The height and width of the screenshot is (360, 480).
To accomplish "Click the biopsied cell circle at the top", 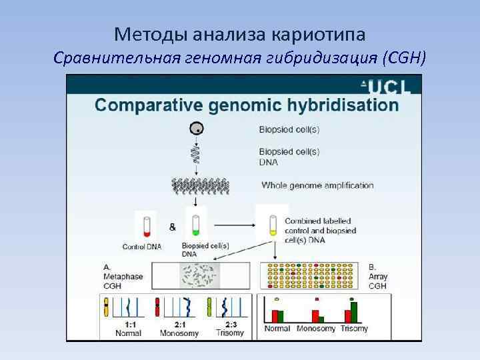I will pos(196,129).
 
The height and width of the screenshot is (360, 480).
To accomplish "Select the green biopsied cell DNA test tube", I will pos(196,225).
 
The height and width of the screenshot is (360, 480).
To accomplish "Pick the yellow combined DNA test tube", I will pos(272,225).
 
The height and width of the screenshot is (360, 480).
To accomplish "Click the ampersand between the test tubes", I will pos(173,227).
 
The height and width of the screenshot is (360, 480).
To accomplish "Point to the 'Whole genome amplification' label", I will pos(317,185).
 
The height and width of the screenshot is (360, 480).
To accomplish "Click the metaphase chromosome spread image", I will pos(201,275).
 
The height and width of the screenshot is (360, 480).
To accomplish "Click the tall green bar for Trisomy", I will pos(354,311).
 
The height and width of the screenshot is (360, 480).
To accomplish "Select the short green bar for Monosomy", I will pos(323,317).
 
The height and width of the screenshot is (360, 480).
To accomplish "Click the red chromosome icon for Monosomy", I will pos(158,307).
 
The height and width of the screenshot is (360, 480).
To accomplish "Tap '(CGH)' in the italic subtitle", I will pos(403,57).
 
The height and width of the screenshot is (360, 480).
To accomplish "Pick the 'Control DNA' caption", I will pos(142,247).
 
